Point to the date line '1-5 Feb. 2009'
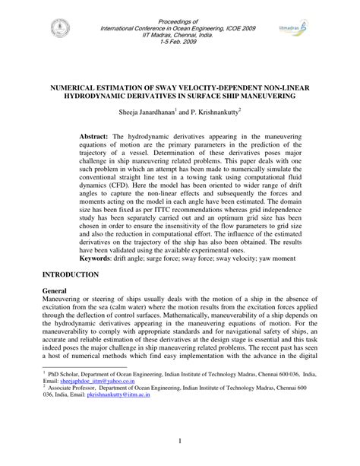click(x=179, y=43)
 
